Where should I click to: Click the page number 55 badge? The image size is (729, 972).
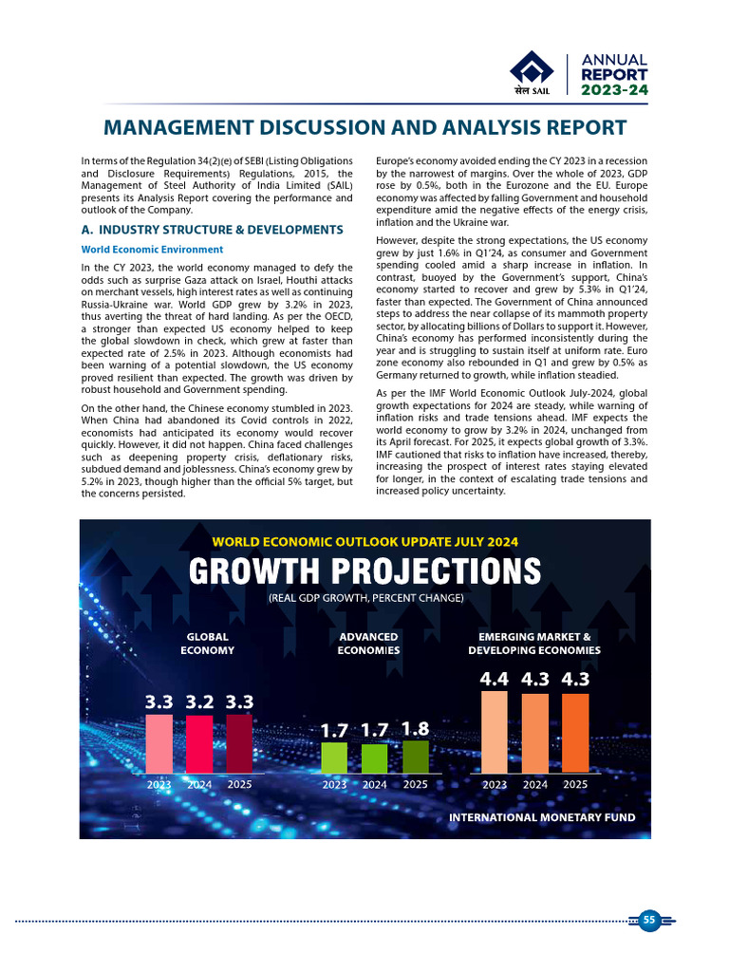coord(649,920)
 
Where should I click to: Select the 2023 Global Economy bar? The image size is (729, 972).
coord(159,743)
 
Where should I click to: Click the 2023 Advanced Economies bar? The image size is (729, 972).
coord(334,757)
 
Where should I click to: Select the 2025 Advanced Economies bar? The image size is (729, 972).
coord(416,757)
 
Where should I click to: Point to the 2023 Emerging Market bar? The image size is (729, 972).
coord(495,731)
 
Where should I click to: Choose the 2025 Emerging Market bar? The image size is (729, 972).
coord(575,733)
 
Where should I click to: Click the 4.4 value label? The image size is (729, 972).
coord(495,679)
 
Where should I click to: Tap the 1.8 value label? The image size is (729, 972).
coord(416,728)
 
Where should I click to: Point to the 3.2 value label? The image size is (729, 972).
coord(199,702)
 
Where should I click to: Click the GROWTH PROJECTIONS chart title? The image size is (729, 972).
coord(364,571)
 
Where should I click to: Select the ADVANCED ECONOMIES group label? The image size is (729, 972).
coord(368,644)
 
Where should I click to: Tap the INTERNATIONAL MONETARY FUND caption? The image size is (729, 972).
coord(542,816)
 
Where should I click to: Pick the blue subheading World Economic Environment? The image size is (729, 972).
coord(152,250)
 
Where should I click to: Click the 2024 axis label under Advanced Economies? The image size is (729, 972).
coord(375,785)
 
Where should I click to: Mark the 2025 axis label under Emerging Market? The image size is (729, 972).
coord(575,785)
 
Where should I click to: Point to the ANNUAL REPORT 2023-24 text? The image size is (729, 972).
coord(614,74)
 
